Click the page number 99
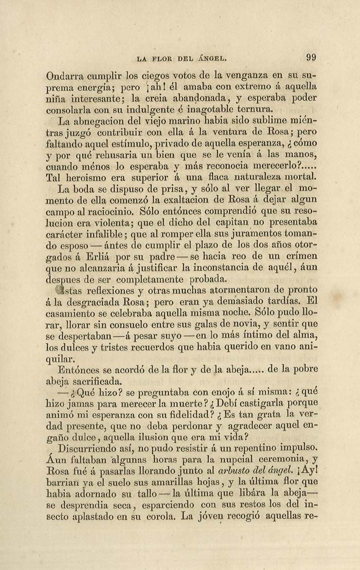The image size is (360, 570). tap(311, 58)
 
